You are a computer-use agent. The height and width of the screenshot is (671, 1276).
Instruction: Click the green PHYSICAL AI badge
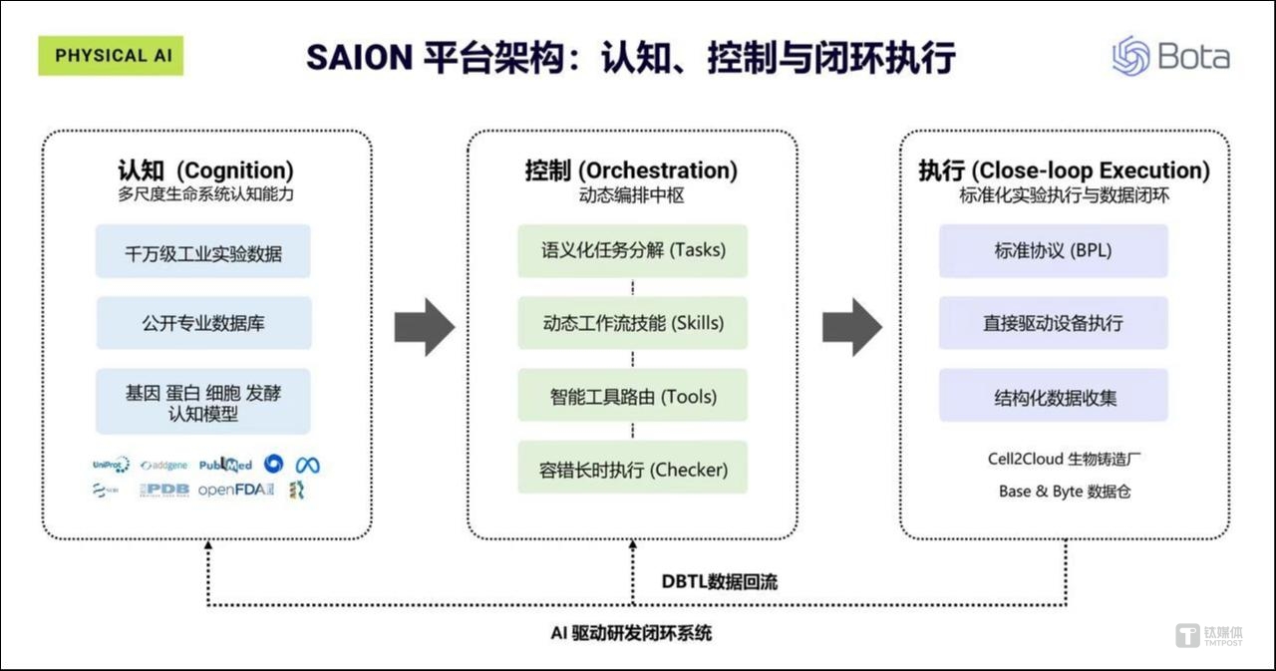click(x=111, y=56)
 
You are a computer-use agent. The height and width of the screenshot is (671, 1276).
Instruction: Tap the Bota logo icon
click(x=1131, y=56)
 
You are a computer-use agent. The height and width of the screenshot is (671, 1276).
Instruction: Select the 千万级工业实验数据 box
click(x=203, y=252)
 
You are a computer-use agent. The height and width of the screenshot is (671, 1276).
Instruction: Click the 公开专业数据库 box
click(x=203, y=323)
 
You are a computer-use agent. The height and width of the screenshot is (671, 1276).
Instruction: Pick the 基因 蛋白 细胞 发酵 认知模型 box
click(x=203, y=402)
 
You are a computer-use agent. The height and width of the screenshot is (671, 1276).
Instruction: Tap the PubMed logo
click(x=225, y=465)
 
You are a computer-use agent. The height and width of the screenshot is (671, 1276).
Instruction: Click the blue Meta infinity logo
click(x=307, y=465)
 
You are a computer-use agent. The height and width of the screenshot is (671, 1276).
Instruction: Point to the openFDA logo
click(x=235, y=490)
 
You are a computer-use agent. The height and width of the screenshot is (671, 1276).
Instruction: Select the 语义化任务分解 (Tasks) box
click(x=632, y=250)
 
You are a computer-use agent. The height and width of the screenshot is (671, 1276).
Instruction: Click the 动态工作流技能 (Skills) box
click(x=632, y=323)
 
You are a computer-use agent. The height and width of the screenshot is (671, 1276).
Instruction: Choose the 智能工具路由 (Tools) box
click(x=632, y=396)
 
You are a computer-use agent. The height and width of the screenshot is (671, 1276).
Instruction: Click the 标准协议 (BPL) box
click(x=1053, y=250)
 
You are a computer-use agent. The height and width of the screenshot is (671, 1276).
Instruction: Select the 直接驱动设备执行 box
click(x=1053, y=323)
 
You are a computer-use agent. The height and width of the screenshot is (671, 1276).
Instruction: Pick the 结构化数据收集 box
click(x=1053, y=396)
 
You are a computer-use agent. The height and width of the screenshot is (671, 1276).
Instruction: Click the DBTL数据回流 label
click(x=719, y=582)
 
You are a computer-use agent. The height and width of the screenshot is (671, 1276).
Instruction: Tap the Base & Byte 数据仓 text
click(x=1065, y=492)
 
